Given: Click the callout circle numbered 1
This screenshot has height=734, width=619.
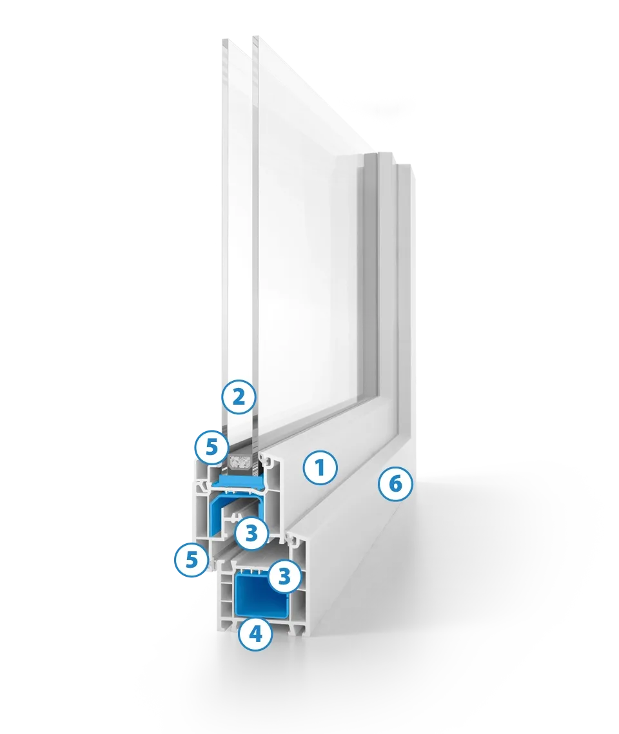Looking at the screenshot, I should [320, 468].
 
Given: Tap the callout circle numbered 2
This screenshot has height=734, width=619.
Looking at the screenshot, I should [239, 397].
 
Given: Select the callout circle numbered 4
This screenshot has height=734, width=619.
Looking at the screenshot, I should [255, 634].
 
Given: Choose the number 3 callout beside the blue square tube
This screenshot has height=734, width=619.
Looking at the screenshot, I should [284, 577].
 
